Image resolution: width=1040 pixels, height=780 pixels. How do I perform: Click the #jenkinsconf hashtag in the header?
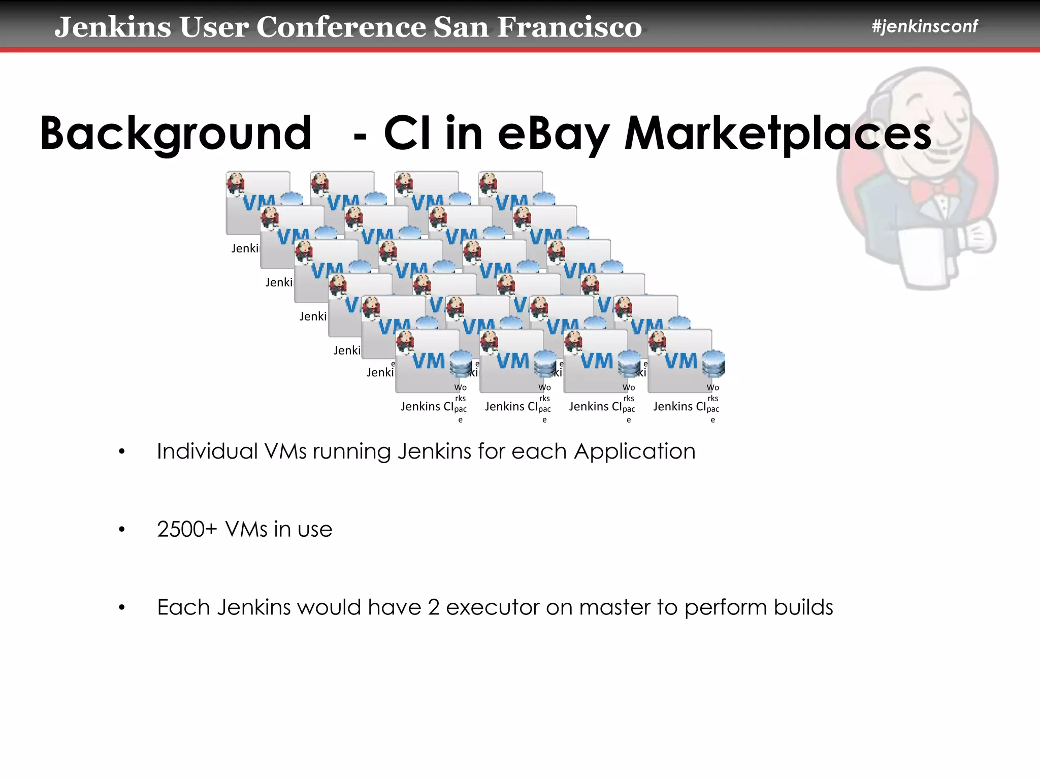924,26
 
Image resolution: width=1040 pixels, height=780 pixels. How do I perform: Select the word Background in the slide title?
176,133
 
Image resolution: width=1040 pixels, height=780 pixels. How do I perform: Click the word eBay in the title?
553,133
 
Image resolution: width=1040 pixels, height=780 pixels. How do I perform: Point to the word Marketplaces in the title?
777,133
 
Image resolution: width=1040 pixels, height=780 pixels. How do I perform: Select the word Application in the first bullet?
634,451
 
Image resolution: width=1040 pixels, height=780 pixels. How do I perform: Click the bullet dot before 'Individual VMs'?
121,451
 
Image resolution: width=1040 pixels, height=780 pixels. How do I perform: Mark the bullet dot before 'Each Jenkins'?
121,607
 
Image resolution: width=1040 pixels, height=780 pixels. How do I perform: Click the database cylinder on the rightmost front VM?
713,363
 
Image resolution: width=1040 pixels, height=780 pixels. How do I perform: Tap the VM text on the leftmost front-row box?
428,361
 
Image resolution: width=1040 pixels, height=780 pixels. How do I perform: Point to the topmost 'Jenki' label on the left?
245,248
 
